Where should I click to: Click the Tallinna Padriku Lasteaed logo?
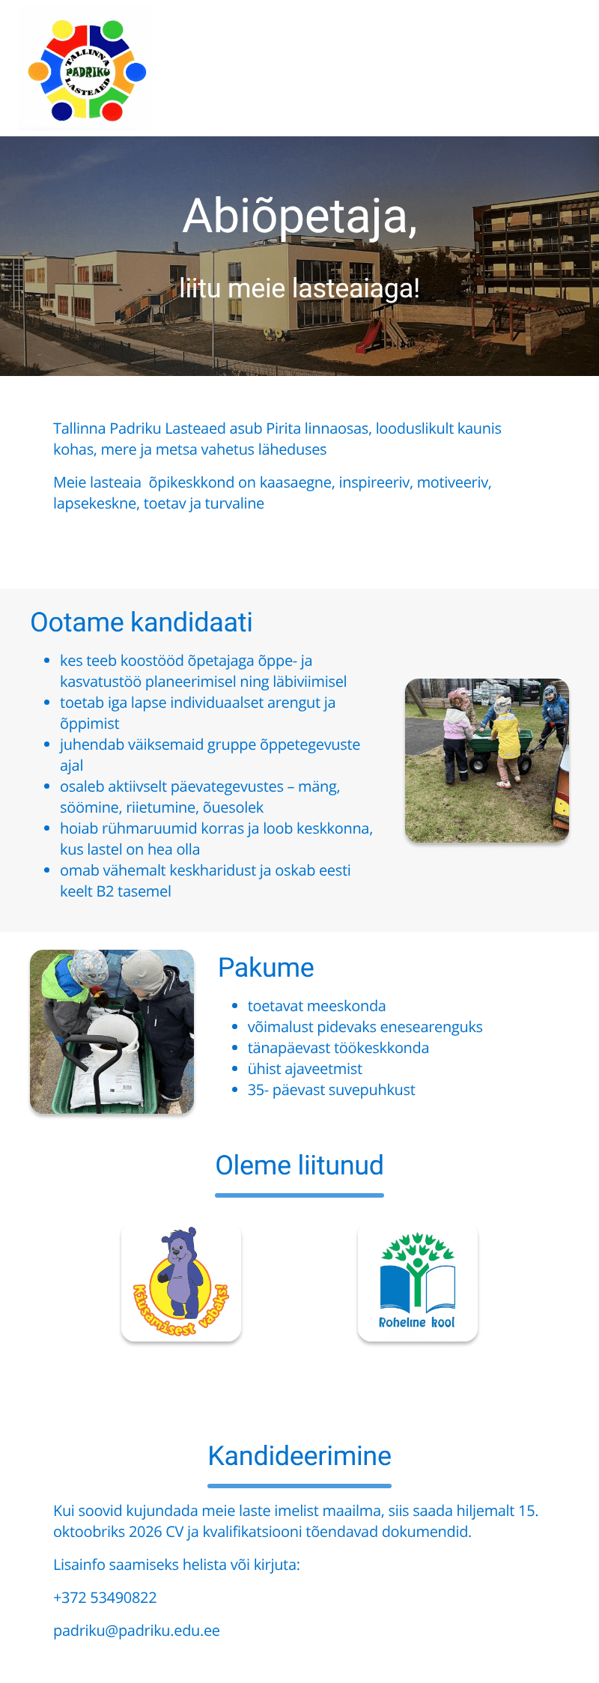point(87,70)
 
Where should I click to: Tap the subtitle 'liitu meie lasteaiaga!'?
point(299,288)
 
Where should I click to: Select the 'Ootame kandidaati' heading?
point(142,622)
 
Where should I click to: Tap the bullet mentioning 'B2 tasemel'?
point(205,881)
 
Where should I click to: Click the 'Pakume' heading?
point(266,968)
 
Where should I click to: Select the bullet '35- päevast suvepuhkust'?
point(332,1090)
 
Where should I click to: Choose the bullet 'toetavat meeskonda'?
point(317,1006)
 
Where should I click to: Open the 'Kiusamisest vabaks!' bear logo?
point(181,1282)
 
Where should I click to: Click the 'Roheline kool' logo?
point(418,1282)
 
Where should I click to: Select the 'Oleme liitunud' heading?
point(299,1165)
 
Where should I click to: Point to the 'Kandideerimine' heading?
point(299,1456)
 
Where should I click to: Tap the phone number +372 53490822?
point(105,1598)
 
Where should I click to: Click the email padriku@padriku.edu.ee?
point(136,1631)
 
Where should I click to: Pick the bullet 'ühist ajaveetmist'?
point(305,1069)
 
